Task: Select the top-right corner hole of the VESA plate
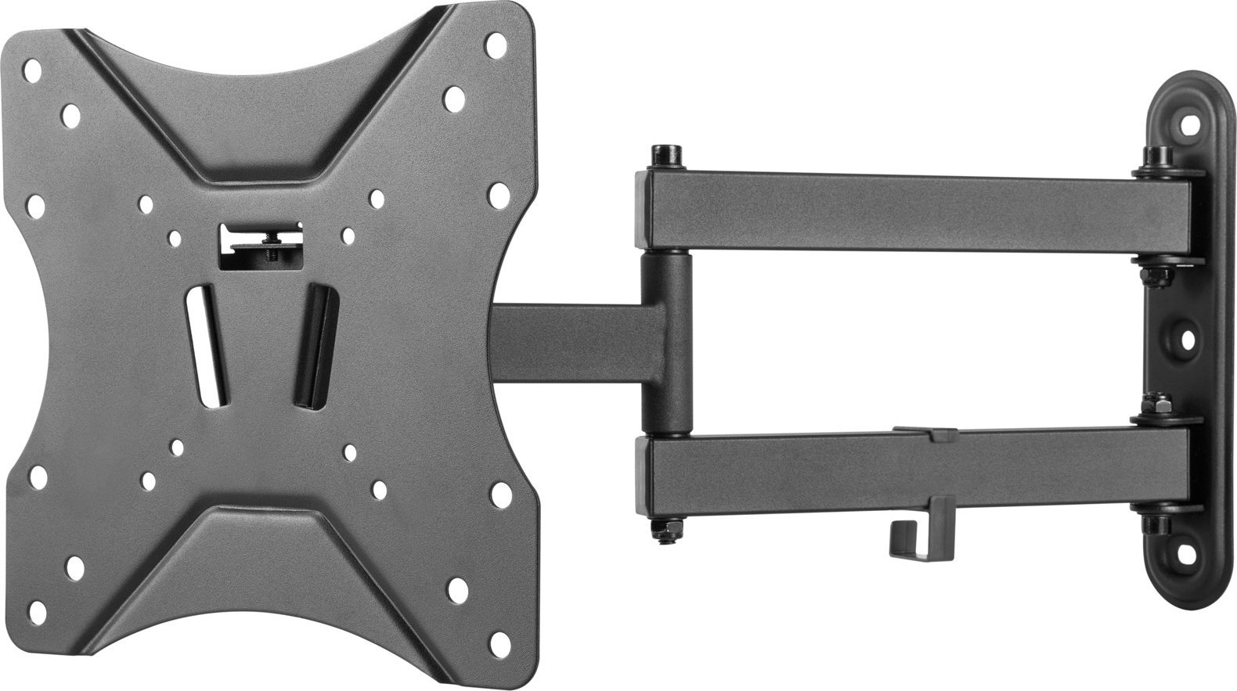click(x=495, y=45)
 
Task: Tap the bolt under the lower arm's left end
click(x=667, y=533)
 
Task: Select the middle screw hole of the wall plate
click(x=1188, y=340)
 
